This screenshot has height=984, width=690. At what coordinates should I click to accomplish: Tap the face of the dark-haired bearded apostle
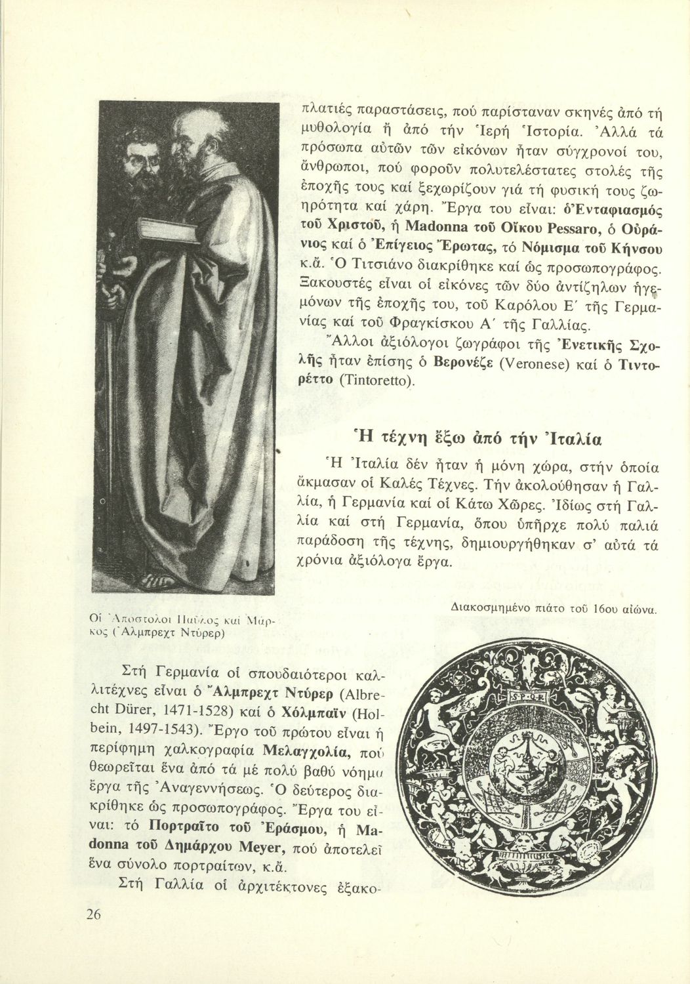tap(142, 158)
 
